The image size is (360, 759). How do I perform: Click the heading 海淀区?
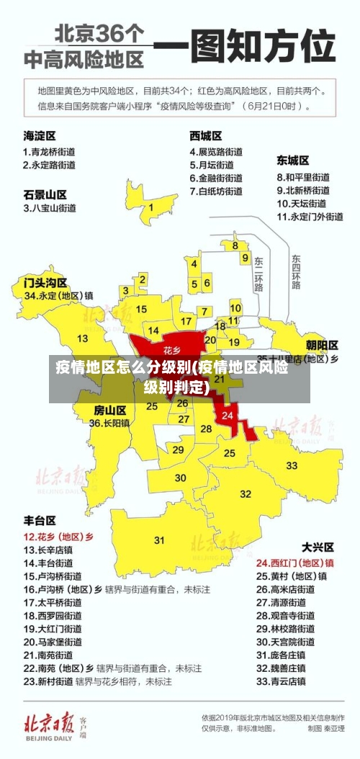[40, 135]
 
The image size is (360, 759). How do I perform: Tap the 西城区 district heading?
[206, 135]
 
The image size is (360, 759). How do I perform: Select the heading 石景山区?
[45, 194]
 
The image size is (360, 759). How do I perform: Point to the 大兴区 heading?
[316, 547]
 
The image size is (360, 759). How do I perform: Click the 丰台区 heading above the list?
[40, 520]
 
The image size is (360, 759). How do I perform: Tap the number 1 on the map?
[151, 207]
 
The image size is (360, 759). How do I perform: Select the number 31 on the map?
[159, 539]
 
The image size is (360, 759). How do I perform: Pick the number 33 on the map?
[292, 465]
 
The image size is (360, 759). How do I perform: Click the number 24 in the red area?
[228, 416]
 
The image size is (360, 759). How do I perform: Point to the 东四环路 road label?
[296, 271]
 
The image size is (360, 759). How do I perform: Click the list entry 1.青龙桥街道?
[49, 152]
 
